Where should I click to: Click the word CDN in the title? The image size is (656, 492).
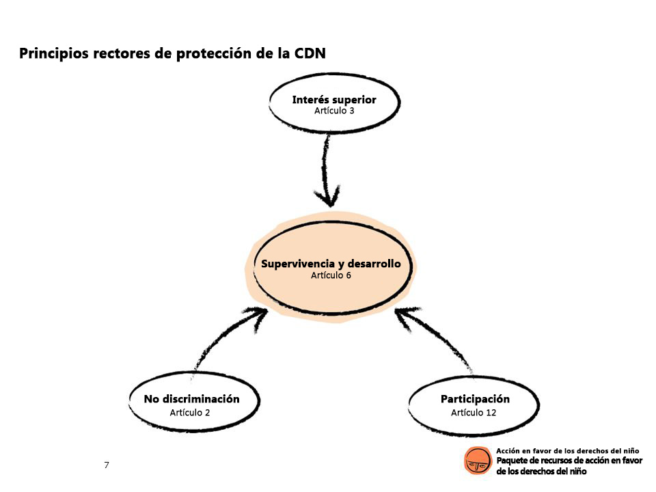coord(310,53)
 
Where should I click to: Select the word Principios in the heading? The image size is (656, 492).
coord(53,54)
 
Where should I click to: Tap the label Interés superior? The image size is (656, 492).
coord(334,100)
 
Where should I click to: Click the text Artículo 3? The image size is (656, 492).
coord(334,111)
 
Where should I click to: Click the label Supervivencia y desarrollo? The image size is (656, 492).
coord(331,264)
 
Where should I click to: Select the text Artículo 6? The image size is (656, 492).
coord(331,275)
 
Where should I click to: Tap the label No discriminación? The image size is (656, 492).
coord(191,398)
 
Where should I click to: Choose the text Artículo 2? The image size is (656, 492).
coord(189,413)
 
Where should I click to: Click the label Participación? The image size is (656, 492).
coord(475,399)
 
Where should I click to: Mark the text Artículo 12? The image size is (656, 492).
coord(473,413)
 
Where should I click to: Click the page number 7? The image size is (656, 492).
coord(107,465)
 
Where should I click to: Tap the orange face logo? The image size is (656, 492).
coord(478,460)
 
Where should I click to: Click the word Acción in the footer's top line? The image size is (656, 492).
coord(508,450)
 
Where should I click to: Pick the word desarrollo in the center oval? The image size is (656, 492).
coord(374,264)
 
